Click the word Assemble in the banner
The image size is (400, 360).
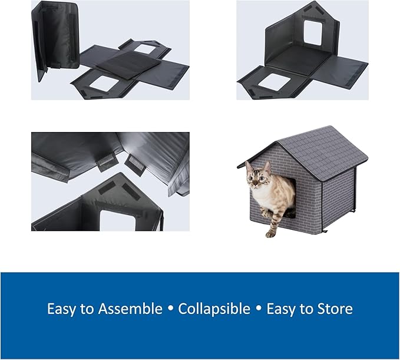[134, 309]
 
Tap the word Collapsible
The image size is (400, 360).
[214, 309]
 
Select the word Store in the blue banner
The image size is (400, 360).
[332, 309]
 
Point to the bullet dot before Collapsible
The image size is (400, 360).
[171, 309]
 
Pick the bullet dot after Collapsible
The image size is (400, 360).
[259, 309]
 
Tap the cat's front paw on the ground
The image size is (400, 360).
[270, 233]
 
